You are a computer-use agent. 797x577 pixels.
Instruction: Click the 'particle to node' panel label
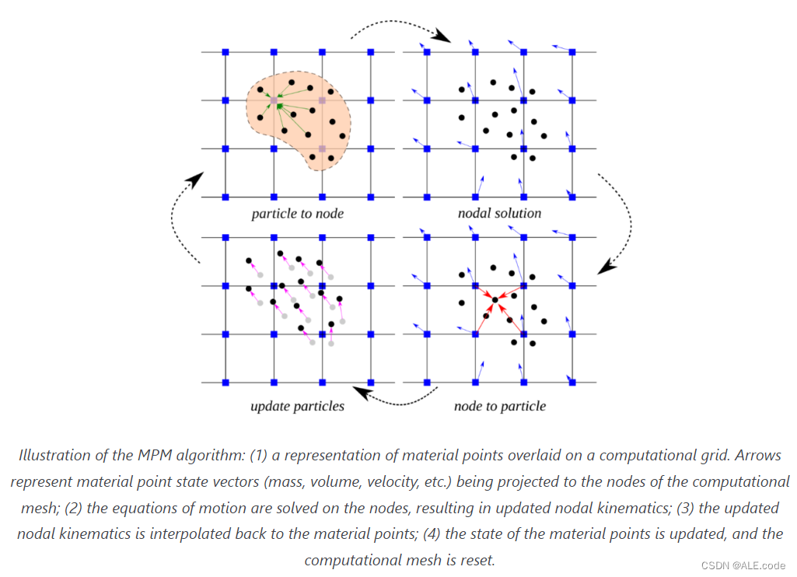point(297,213)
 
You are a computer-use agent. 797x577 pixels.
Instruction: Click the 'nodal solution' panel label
point(500,212)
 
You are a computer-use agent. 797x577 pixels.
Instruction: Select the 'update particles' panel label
point(297,406)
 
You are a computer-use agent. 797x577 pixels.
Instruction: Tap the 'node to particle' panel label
point(500,406)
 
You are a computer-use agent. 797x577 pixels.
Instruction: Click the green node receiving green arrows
point(278,104)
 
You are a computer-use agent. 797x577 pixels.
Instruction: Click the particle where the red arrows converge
point(495,299)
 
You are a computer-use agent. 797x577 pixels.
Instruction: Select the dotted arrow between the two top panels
point(399,28)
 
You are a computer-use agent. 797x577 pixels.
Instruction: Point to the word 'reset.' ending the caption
point(476,560)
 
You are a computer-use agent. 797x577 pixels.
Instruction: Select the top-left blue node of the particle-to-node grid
point(225,52)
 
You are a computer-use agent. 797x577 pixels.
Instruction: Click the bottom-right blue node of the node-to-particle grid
point(572,383)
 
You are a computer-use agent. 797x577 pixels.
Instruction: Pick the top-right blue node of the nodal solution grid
point(572,52)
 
